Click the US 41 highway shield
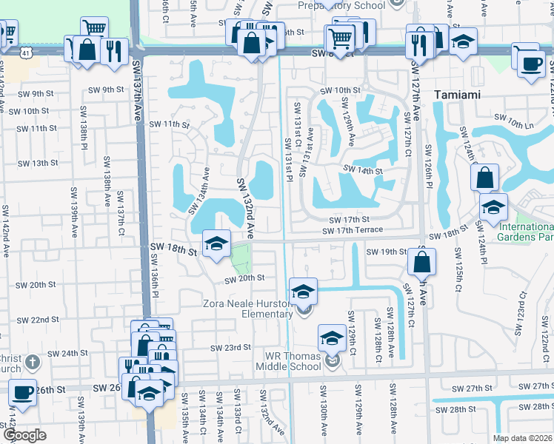point(27,53)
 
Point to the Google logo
point(24,435)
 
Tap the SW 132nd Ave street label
point(245,208)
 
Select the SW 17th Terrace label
point(353,231)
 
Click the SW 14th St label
point(361,171)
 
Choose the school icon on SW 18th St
point(216,243)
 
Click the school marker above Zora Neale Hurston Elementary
point(303,291)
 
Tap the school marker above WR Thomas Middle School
point(332,337)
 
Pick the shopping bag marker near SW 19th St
point(421,261)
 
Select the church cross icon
point(31,363)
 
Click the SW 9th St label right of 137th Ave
point(107,90)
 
